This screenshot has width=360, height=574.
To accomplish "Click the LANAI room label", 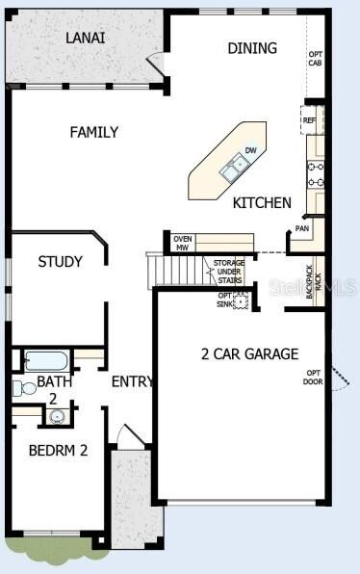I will coord(86,38).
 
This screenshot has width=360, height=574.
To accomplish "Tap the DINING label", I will coord(252,48).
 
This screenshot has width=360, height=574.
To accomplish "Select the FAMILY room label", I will coord(93,132).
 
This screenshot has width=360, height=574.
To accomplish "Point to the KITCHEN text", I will coord(262,203).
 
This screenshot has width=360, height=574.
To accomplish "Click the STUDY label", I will coord(60,261).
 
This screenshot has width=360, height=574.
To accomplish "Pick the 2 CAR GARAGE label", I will coord(249,353).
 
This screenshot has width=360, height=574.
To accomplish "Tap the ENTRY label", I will coord(132,381).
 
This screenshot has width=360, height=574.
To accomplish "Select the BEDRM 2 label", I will coord(58,450).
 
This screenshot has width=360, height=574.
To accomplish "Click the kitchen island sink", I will coord(233,171).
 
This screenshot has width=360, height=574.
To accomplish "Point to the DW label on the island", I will coord(250,150).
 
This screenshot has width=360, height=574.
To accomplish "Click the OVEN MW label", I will coord(182,243).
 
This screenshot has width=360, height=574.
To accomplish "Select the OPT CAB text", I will coord(315,59).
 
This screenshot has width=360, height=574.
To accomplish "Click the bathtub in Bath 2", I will coord(45,361).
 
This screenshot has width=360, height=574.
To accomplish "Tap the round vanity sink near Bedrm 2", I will coord(57,417).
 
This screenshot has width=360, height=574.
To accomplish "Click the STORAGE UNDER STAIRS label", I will coord(229,270).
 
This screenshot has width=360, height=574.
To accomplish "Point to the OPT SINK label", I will coord(225,300).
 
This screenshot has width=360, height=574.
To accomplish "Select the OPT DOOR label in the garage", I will coord(314,377).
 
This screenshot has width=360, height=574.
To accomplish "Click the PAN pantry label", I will coord(302,229).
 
